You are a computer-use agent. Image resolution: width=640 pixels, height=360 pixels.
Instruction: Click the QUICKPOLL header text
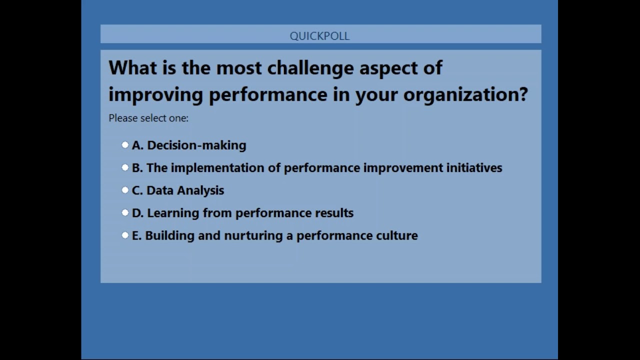point(319,36)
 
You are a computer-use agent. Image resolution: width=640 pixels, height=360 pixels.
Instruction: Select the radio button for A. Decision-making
point(125,145)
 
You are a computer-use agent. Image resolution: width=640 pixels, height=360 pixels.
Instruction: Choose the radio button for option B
point(125,167)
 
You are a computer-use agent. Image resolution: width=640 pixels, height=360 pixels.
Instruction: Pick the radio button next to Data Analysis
point(125,190)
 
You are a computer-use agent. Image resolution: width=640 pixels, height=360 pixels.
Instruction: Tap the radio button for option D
point(125,212)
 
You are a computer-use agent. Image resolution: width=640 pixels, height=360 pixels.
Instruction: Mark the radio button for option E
point(125,235)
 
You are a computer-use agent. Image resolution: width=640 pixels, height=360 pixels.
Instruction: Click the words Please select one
point(148,118)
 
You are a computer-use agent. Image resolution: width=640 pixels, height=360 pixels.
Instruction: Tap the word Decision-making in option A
point(196,145)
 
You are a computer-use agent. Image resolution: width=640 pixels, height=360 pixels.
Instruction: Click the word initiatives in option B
point(474,167)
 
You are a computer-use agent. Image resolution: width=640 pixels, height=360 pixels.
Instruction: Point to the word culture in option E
point(395,235)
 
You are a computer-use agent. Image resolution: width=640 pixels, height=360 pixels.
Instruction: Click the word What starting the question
point(133,68)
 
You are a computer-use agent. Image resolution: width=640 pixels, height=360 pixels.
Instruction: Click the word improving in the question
point(155,94)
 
